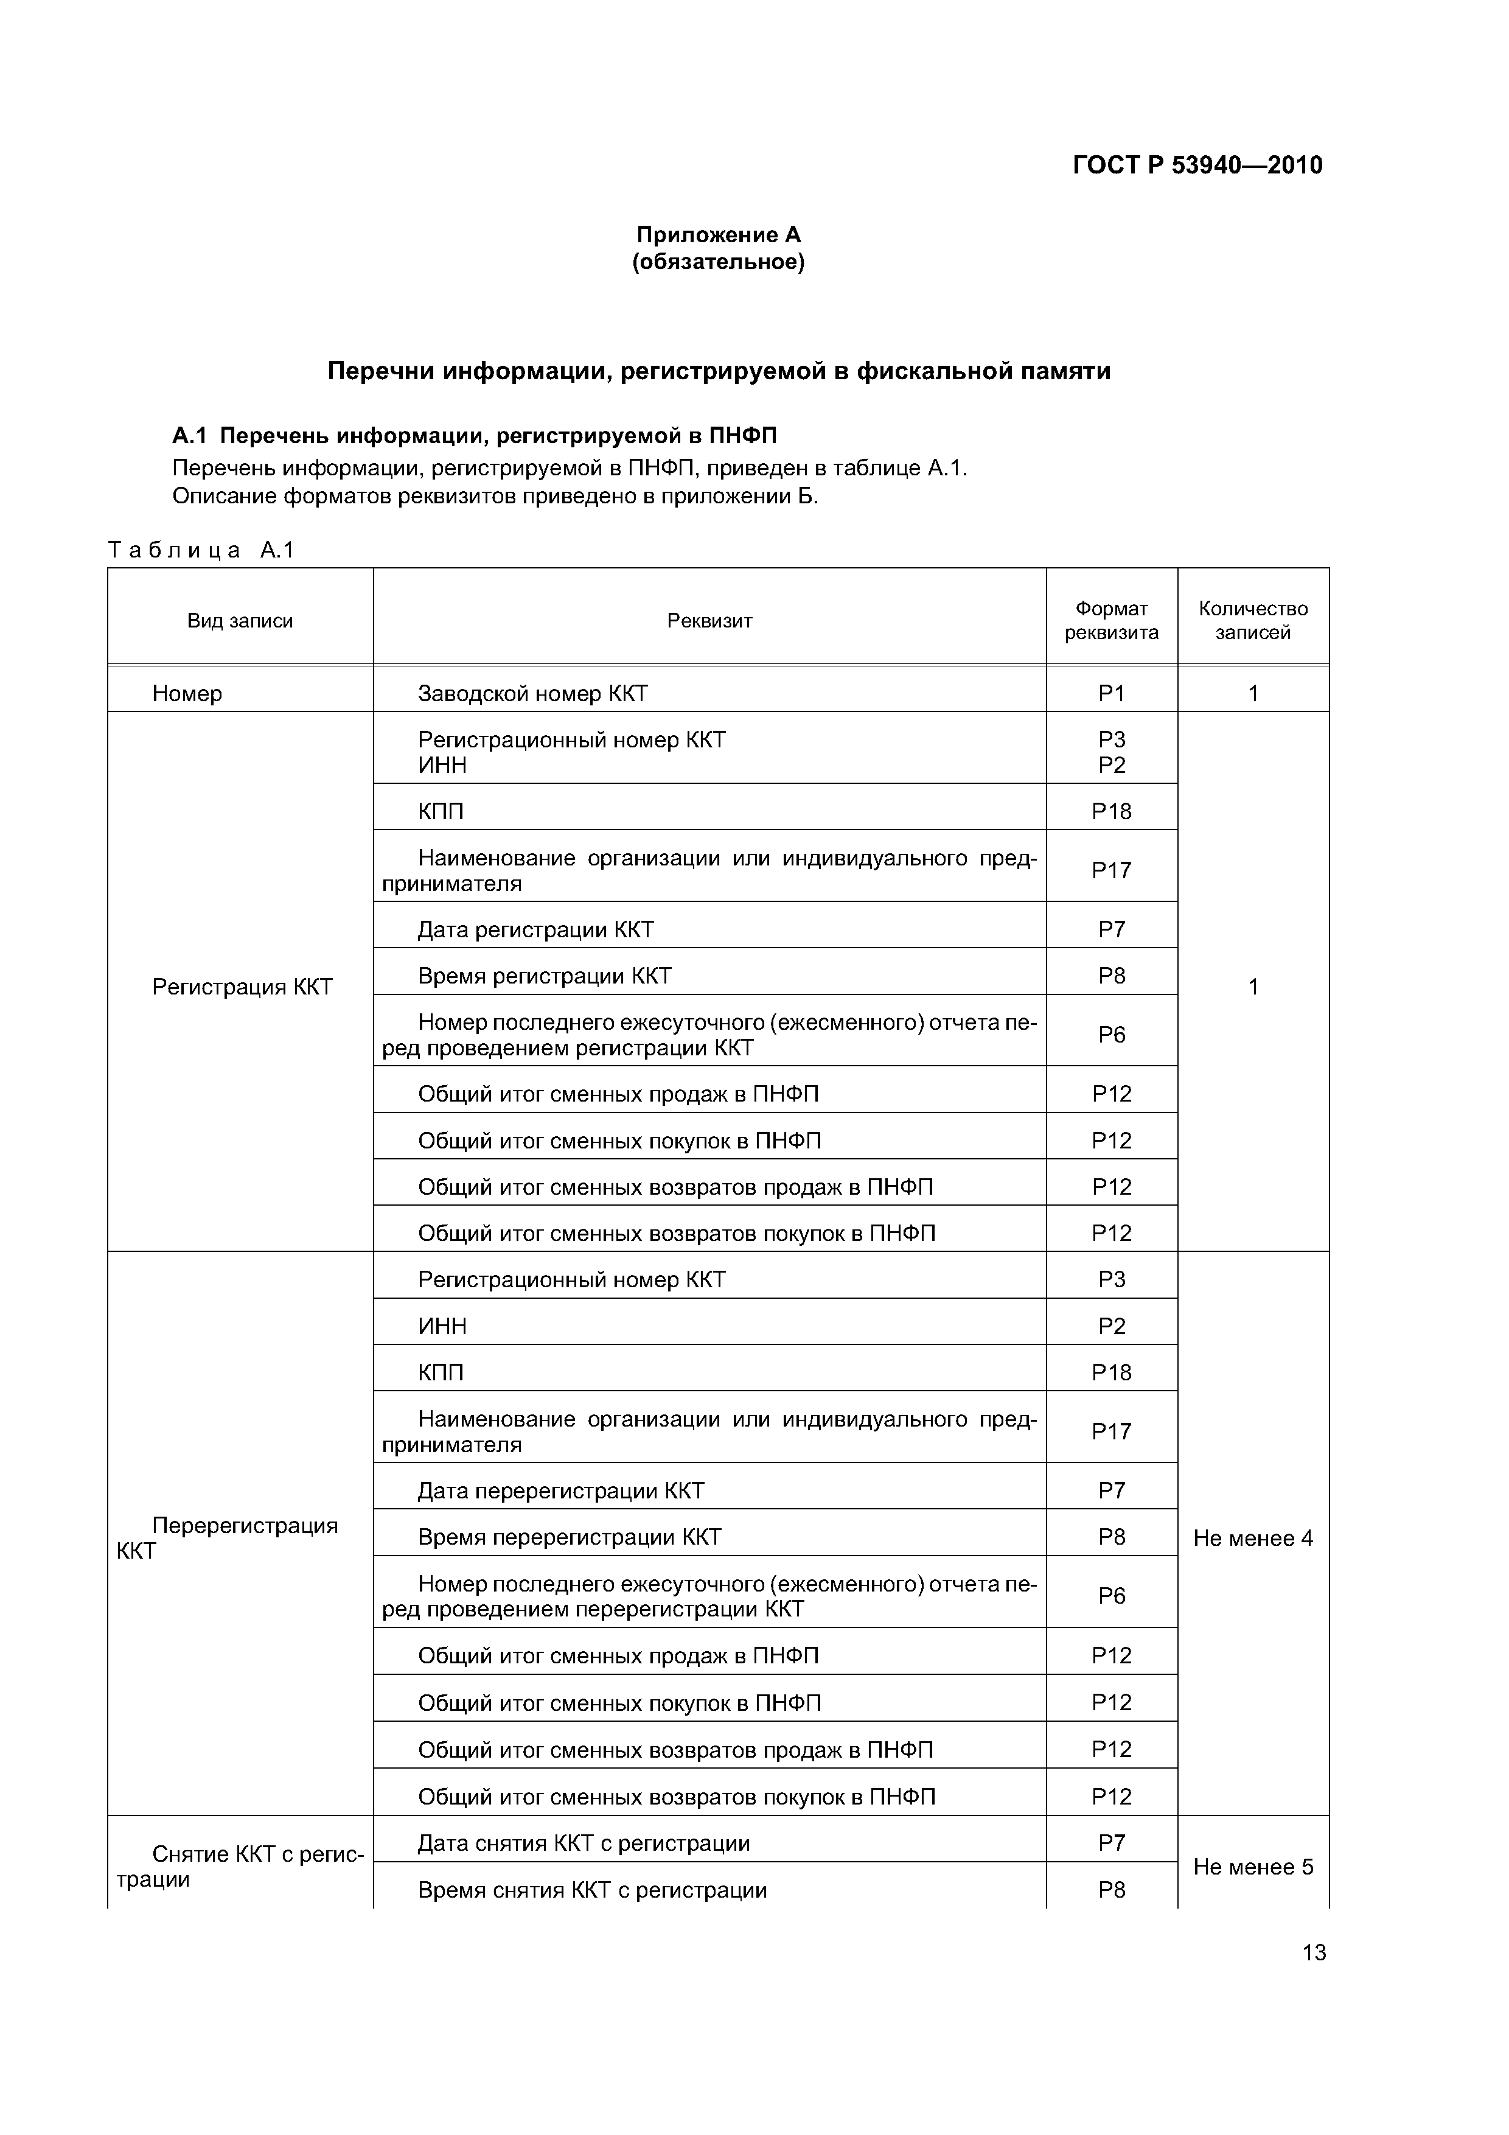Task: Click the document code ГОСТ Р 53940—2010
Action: click(1197, 166)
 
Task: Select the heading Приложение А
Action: click(718, 234)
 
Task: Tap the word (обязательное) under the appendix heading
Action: click(718, 262)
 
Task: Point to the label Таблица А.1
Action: click(201, 551)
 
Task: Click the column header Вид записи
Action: click(240, 621)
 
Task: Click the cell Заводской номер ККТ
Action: click(533, 694)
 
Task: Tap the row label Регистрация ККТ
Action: click(242, 987)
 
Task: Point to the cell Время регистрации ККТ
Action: click(544, 976)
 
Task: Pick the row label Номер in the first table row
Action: click(187, 694)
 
